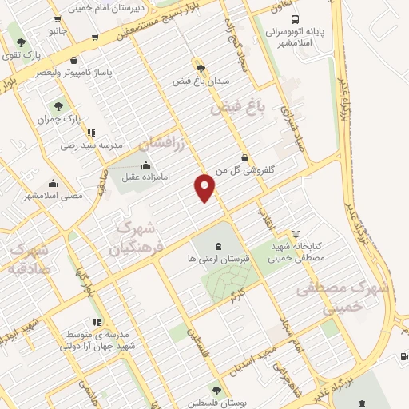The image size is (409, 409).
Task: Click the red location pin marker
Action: [x=205, y=187]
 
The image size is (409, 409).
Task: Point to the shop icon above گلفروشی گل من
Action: [x=244, y=157]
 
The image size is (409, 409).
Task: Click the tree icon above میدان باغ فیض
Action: [x=200, y=68]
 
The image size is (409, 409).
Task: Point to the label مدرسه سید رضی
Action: [x=90, y=146]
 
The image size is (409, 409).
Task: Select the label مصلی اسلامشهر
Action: [x=52, y=195]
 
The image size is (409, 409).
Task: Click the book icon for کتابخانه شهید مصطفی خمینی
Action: [x=296, y=234]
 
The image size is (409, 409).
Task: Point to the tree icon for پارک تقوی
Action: [x=21, y=42]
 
